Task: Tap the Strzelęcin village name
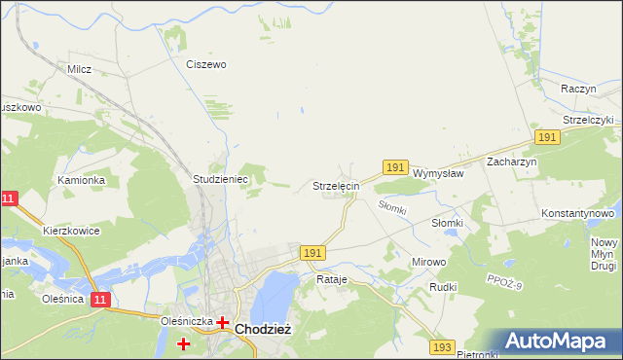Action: click(x=336, y=185)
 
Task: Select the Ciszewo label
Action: click(x=206, y=64)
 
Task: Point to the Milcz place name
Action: click(x=79, y=69)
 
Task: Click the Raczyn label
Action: click(x=578, y=89)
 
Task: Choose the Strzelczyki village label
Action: click(x=588, y=120)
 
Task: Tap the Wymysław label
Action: click(x=438, y=173)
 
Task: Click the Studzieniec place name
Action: click(x=221, y=180)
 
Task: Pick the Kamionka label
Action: click(x=80, y=180)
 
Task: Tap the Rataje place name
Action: click(x=332, y=279)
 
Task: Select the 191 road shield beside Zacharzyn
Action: click(x=547, y=138)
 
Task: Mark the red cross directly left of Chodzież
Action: click(x=223, y=322)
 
